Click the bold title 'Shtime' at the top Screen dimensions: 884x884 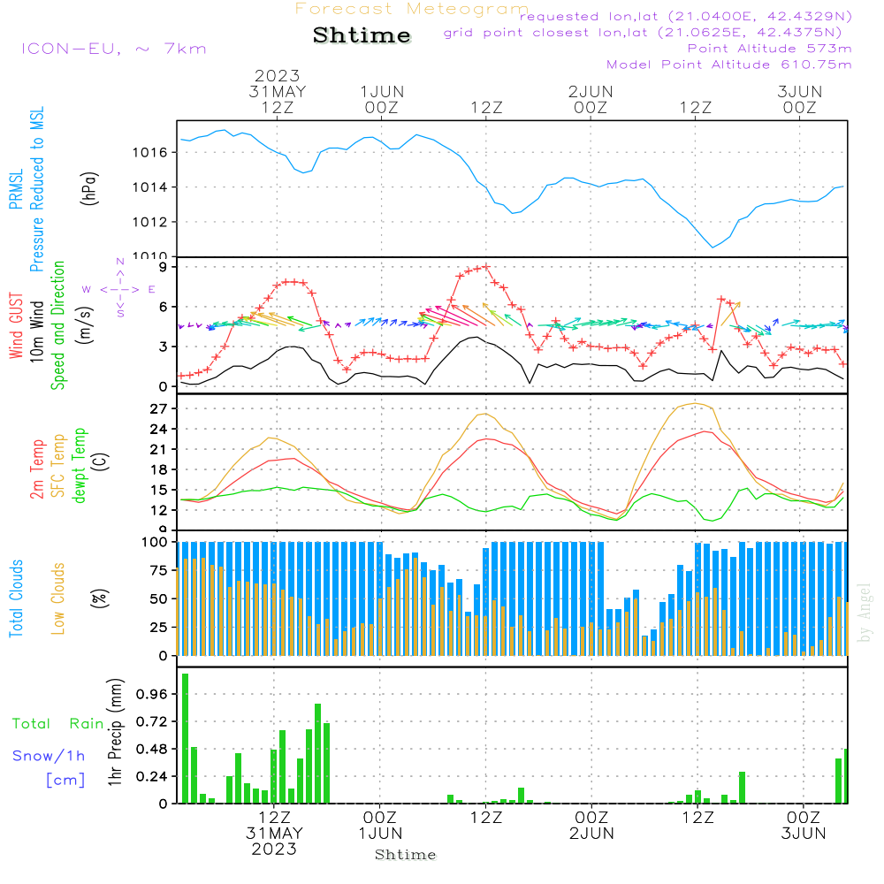pos(362,35)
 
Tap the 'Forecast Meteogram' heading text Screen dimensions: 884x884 pos(412,9)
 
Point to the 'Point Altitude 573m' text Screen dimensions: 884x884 pos(769,49)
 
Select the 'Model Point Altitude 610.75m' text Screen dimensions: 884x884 pos(728,65)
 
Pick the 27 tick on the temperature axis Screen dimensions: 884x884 pos(159,409)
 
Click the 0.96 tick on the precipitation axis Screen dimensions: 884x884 pos(153,695)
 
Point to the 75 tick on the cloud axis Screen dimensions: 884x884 pos(159,571)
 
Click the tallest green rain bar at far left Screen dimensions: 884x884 pos(186,738)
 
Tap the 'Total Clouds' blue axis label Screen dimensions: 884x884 pos(17,598)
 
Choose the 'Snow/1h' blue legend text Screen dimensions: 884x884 pos(49,756)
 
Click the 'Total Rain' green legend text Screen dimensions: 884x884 pos(57,724)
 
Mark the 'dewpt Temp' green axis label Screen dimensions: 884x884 pos(80,466)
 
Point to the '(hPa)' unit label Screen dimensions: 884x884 pos(88,188)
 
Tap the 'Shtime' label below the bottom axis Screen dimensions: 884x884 pos(406,855)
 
